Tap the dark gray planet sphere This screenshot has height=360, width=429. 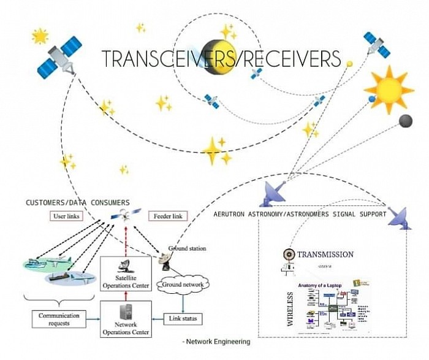point(405,121)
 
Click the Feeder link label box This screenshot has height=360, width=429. point(167,216)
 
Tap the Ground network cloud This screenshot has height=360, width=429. point(182,284)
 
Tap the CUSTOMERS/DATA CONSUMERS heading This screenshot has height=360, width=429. point(78,202)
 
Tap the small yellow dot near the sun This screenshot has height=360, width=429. point(349,63)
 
